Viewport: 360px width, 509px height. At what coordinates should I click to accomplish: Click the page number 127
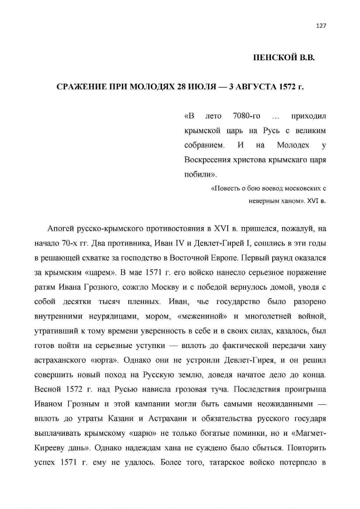pos(321,25)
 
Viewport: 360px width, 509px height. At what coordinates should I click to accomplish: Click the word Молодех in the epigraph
pos(280,146)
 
